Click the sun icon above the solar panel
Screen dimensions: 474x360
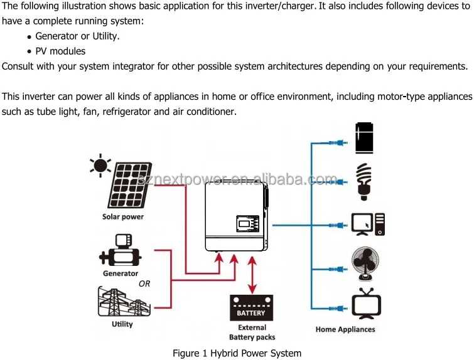(100, 166)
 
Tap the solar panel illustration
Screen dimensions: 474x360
(130, 186)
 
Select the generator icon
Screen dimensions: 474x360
(121, 250)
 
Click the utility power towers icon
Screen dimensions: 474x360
(124, 302)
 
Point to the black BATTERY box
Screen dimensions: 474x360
(251, 308)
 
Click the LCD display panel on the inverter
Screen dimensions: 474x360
(248, 223)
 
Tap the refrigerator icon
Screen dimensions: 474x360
(364, 138)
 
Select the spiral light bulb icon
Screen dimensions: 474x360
(364, 181)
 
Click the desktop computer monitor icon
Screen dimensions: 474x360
(362, 224)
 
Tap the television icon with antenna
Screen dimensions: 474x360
(367, 304)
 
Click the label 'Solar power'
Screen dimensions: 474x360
(123, 216)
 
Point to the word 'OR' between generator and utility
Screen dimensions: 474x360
(144, 283)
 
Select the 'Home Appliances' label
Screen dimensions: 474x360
(345, 329)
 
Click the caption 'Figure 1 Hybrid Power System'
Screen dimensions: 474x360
(237, 353)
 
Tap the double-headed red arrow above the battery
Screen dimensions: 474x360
(252, 275)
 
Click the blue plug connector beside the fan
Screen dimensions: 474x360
(338, 269)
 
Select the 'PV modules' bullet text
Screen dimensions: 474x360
(60, 51)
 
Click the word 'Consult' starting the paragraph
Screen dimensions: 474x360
(18, 66)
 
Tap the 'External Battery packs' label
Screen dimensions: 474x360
(252, 332)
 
